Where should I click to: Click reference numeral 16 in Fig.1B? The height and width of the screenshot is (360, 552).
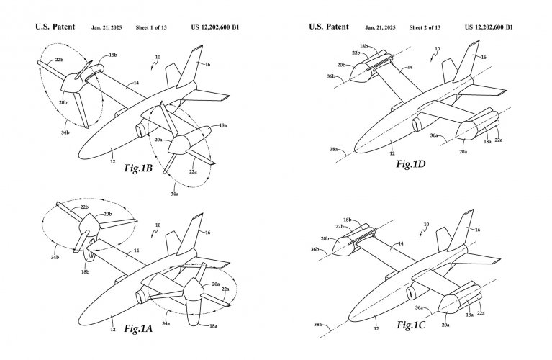click(x=207, y=64)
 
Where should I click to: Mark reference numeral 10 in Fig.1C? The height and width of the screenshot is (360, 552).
click(x=427, y=225)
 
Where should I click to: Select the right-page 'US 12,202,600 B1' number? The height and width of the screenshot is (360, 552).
click(x=489, y=27)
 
